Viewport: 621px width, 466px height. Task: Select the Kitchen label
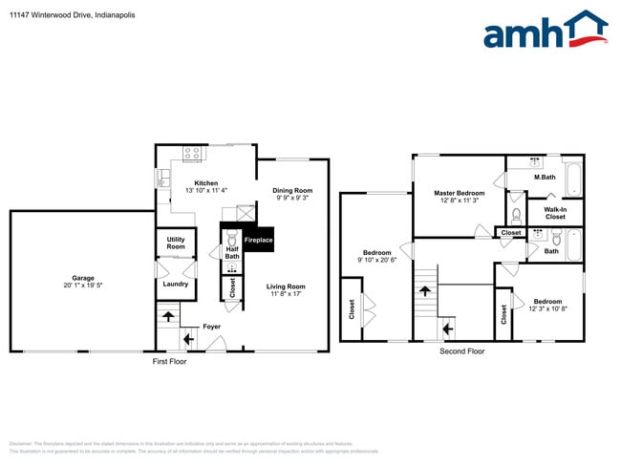[x=206, y=183]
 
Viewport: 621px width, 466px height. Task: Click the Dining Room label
[x=292, y=190]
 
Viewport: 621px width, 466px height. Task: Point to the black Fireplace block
[x=259, y=240]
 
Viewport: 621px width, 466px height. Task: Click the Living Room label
[x=285, y=286]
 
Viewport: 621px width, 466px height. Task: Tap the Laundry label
[x=176, y=284]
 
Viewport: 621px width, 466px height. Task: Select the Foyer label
[x=211, y=327]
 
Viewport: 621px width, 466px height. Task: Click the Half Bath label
[x=232, y=252]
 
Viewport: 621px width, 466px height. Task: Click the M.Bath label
[x=545, y=178]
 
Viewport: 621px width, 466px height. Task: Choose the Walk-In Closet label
[x=555, y=213]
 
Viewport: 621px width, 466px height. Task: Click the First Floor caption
[x=170, y=362]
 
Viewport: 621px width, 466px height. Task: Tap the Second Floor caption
[x=462, y=351]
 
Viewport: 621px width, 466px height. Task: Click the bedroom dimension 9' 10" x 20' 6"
[x=375, y=261]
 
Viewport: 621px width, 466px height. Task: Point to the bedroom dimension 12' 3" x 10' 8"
[x=547, y=308]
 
